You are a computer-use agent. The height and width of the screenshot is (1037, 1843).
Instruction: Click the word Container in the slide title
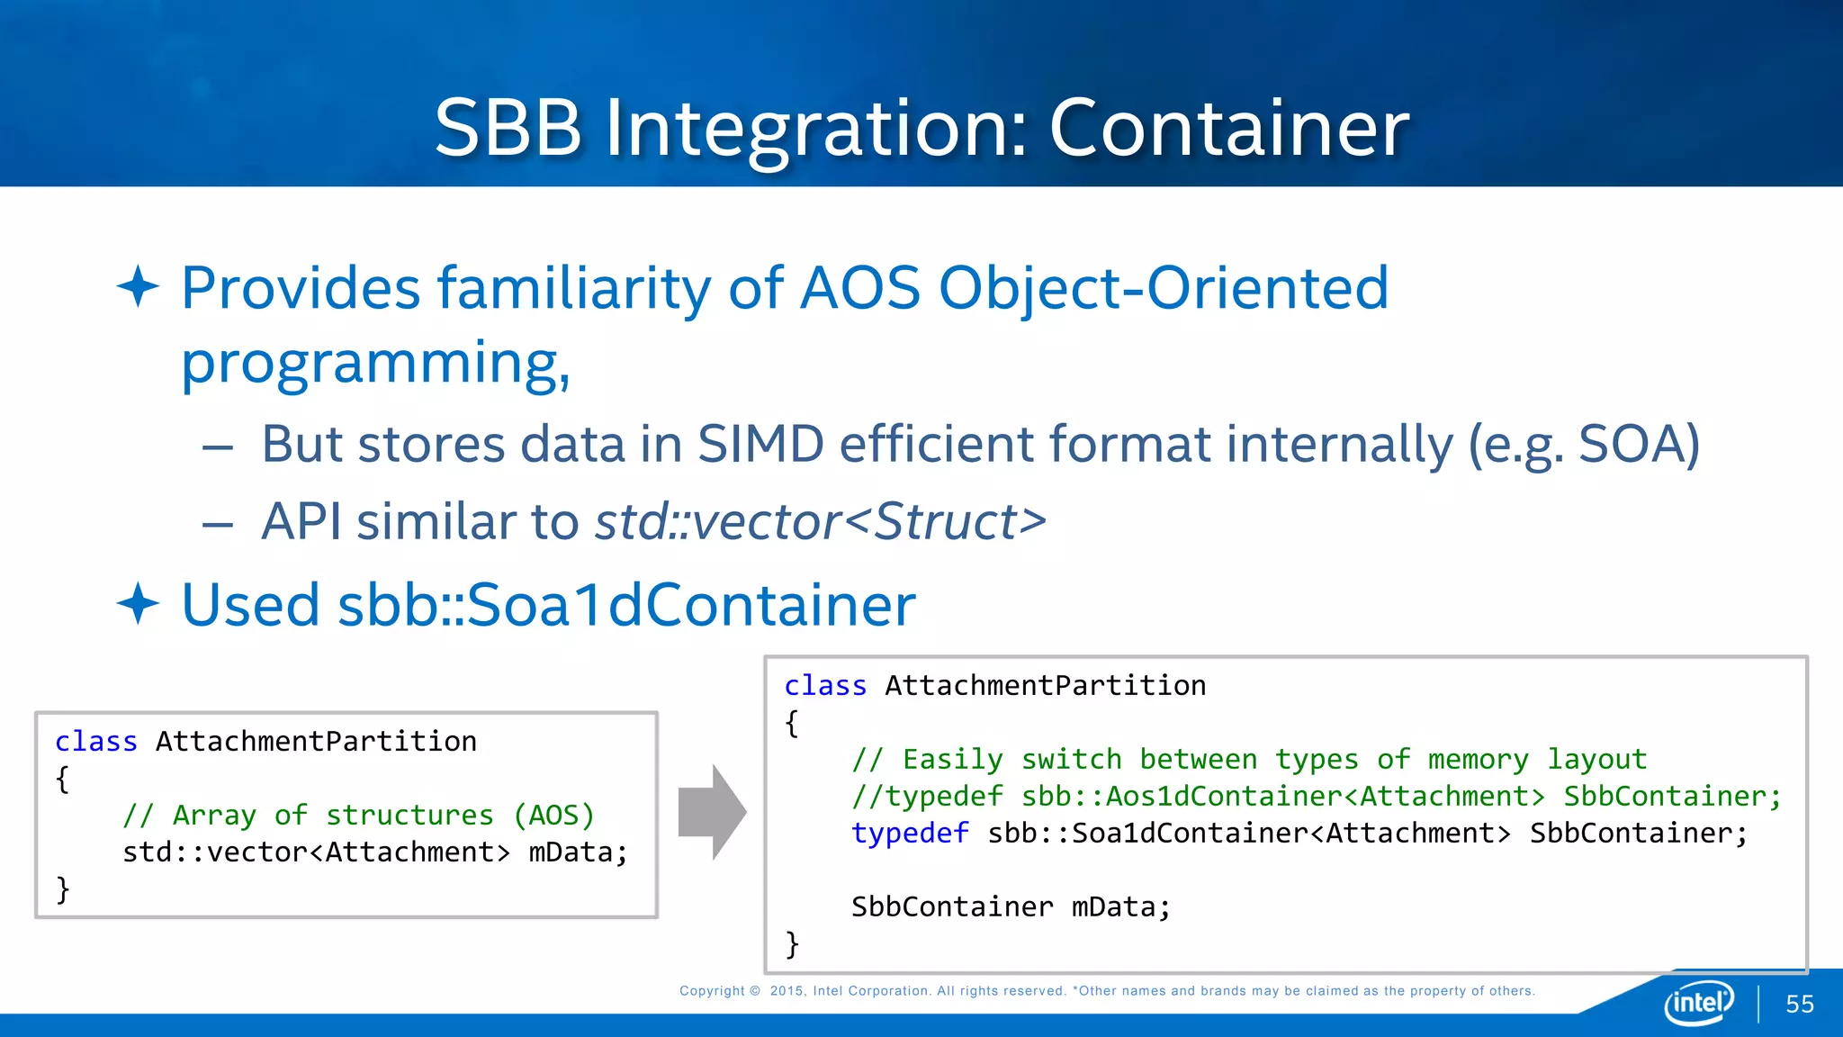tap(1228, 128)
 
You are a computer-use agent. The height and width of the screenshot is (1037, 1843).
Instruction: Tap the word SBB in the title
tap(508, 128)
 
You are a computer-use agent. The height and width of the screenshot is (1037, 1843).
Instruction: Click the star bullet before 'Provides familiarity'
tap(139, 287)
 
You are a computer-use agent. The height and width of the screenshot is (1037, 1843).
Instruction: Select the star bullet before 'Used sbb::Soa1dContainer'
tap(139, 603)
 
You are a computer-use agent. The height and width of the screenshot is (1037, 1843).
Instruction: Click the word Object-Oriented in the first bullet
tap(1164, 288)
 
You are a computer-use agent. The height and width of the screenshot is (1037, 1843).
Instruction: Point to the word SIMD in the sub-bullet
tap(760, 444)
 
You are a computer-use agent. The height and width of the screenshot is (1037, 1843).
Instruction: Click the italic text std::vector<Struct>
tap(820, 521)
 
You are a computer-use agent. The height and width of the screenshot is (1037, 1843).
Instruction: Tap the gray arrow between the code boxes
tap(712, 812)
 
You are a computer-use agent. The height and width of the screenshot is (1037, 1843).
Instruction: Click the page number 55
tap(1799, 1004)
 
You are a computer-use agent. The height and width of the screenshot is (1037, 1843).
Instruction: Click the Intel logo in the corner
tap(1699, 1002)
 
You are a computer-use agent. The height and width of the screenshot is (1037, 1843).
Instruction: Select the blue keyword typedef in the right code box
tap(910, 834)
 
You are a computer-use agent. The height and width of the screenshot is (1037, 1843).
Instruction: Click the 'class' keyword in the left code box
tap(95, 742)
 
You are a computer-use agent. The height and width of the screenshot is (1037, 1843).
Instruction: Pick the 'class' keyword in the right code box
tap(824, 686)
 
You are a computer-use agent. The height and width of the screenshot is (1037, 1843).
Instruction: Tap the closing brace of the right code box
tap(792, 944)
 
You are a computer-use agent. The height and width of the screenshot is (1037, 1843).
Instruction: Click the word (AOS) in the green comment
tap(553, 816)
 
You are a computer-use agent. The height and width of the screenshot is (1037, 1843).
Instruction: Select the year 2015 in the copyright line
tap(787, 991)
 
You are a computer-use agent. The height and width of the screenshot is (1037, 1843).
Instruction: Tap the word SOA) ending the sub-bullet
tap(1639, 444)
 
